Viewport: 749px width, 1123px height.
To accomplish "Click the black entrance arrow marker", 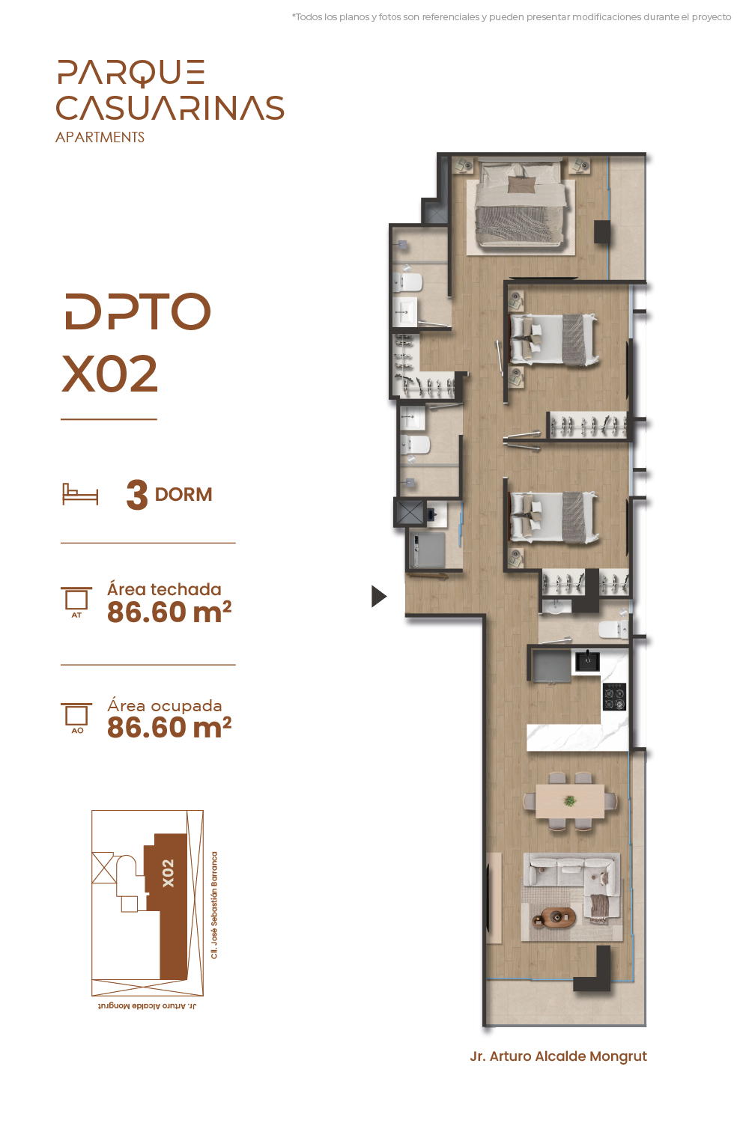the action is point(378,596).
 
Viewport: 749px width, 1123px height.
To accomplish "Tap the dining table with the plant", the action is point(570,801).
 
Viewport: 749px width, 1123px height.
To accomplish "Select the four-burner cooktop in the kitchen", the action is point(614,696).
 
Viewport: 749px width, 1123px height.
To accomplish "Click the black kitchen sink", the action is point(587,661).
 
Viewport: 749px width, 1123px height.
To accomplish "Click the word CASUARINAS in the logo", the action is point(169,108).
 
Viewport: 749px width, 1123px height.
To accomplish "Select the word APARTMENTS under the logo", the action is point(100,137).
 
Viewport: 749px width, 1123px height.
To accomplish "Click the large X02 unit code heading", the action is point(109,374).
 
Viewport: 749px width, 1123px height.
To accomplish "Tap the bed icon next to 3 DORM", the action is point(79,494).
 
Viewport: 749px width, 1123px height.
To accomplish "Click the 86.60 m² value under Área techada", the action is point(169,612).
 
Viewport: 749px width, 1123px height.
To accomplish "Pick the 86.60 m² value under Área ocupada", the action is point(169,728).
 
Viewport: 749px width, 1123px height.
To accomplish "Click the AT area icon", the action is point(76,601).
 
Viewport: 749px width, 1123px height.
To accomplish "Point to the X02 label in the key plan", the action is point(168,874).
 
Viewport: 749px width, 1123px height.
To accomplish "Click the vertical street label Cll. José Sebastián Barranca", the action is point(214,905).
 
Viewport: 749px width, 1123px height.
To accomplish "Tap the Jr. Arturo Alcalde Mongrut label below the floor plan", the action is point(558,1056).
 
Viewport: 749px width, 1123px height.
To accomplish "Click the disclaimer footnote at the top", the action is point(512,17).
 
